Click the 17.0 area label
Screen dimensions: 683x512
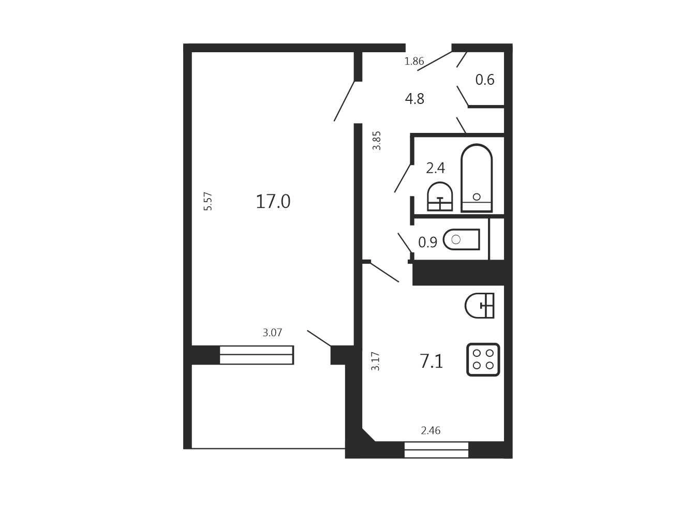tap(273, 201)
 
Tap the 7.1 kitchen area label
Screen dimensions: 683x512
tap(431, 361)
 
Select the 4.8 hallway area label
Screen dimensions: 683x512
tap(414, 99)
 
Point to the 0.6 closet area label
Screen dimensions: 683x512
tap(485, 80)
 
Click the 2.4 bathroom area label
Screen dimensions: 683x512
tap(435, 168)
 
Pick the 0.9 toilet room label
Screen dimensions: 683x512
tap(428, 242)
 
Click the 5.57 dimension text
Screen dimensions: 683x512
tap(208, 201)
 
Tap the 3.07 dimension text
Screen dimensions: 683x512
tap(272, 333)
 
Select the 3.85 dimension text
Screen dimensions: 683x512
tap(377, 141)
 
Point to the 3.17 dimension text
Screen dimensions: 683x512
tap(376, 361)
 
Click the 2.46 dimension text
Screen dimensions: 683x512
tap(430, 431)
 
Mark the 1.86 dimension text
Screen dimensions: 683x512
tap(414, 61)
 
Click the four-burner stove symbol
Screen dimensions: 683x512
tap(483, 359)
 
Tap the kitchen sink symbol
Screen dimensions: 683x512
tap(480, 306)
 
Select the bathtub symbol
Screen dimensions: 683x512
tap(477, 178)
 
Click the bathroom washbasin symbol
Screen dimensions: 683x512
tap(440, 197)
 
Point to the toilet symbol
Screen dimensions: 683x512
tap(462, 239)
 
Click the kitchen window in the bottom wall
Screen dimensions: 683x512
tap(436, 450)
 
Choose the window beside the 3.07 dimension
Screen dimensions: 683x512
tap(257, 355)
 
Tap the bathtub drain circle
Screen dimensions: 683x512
tap(477, 197)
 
